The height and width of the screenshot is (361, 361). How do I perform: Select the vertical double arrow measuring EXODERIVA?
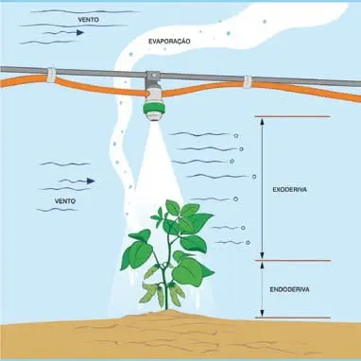coord(262,188)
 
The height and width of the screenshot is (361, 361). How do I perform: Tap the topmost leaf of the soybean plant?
coord(173,207)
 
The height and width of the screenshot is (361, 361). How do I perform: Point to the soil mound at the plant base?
coord(170,318)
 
